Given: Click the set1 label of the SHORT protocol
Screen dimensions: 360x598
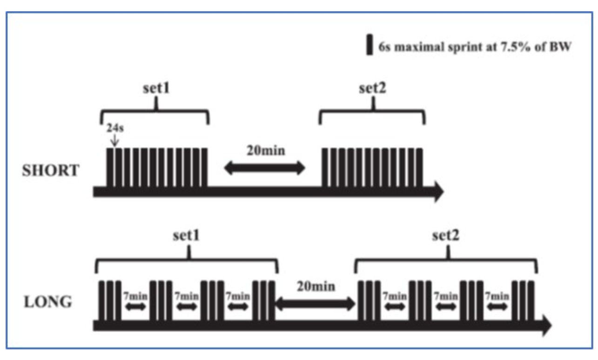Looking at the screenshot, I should pos(155,88).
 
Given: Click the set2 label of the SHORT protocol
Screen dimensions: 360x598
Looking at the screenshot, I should pos(372,88).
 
